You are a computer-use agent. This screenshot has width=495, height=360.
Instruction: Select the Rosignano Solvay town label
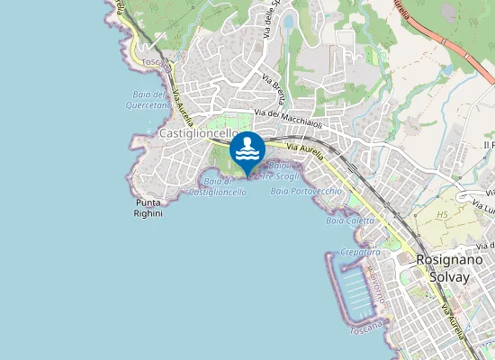coord(443,268)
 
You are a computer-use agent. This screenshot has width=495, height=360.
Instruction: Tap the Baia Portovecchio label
coord(306,192)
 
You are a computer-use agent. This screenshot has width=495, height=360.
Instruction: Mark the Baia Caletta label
coord(350,220)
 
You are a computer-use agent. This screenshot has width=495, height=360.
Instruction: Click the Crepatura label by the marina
coord(361,253)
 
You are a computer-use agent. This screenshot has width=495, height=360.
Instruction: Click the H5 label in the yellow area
coord(442,216)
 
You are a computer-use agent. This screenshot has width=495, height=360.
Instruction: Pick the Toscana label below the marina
coord(368,327)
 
